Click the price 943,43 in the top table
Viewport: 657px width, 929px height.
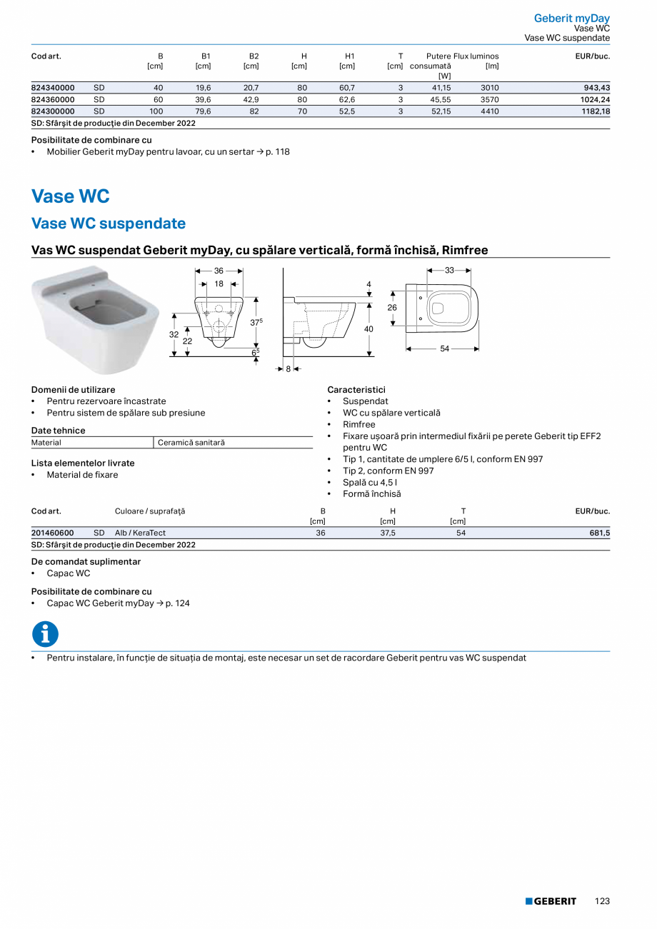596,88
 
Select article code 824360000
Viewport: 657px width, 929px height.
53,99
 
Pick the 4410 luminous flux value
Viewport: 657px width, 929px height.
489,111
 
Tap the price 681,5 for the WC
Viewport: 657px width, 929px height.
599,533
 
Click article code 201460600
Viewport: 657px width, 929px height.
53,533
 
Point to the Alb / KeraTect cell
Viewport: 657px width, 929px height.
140,533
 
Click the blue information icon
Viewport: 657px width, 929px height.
45,634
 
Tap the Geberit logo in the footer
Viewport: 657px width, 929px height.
551,901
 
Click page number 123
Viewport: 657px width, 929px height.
602,901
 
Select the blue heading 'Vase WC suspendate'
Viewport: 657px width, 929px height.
109,224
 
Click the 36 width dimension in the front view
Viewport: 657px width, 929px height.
219,271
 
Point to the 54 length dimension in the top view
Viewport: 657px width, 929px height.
444,348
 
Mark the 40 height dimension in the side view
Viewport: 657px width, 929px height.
368,329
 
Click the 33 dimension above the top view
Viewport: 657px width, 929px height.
449,271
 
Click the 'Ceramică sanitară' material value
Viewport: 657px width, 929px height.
191,443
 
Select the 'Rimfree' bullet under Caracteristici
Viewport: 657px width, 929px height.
358,424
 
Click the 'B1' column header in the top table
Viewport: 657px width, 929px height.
206,56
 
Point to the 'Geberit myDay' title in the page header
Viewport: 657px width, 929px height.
571,19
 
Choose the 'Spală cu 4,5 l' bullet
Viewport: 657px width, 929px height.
370,482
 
